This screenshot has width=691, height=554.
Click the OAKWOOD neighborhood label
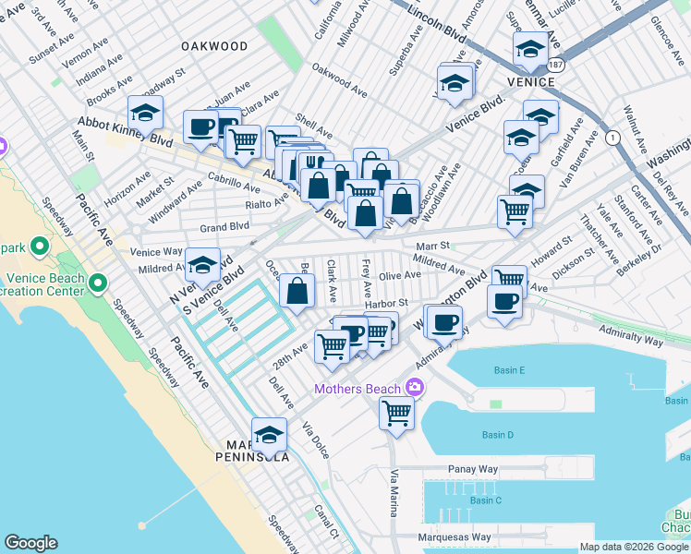coord(214,46)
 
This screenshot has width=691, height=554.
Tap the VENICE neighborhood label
coord(531,82)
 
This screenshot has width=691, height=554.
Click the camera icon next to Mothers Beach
coord(415,388)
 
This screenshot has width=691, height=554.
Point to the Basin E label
coord(509,370)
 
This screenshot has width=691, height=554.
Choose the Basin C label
coord(485,500)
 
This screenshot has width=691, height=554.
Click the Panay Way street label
coord(473,469)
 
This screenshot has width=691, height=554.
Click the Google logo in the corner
coord(30,543)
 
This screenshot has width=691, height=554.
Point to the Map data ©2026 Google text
coord(634,547)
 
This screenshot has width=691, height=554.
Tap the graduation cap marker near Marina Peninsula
coord(269,434)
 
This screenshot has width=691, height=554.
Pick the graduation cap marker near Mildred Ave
coord(202,266)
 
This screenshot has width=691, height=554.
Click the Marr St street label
coord(431,246)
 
